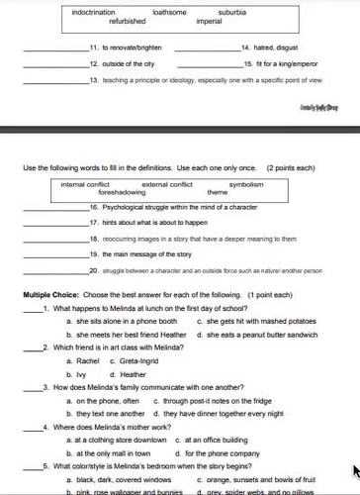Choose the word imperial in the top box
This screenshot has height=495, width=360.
click(x=209, y=20)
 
